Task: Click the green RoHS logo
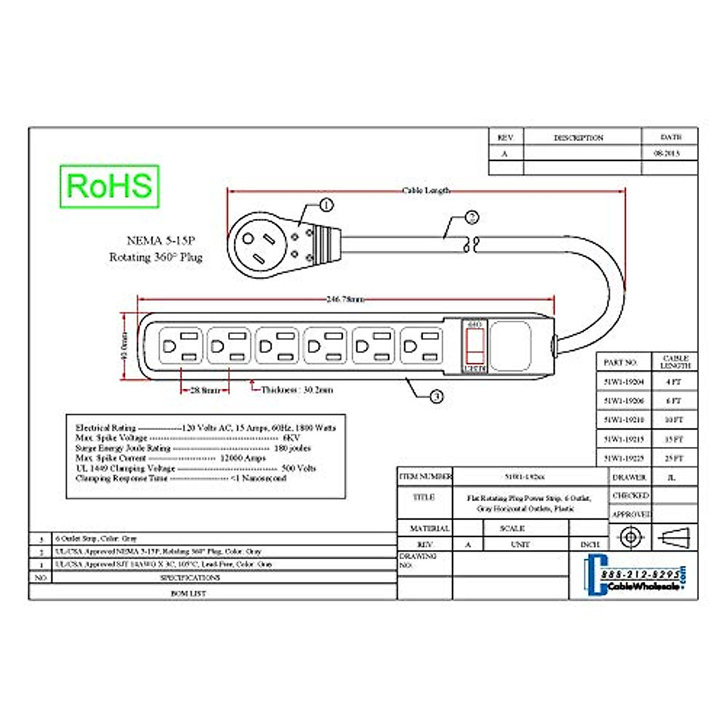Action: coord(110,186)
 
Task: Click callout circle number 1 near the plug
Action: coord(326,205)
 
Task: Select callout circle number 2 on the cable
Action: coord(472,217)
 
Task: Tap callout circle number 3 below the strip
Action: coord(436,397)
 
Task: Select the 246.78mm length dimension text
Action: coord(345,299)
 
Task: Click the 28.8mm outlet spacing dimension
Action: coord(206,391)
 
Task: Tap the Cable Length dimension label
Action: coord(426,191)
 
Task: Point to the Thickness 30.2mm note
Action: coord(297,390)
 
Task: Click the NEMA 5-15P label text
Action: coord(161,241)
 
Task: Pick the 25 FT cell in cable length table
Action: coord(674,459)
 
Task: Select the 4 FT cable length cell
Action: coord(674,382)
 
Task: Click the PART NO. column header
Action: coord(621,362)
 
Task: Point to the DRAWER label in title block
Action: coord(629,477)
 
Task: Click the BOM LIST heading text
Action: coord(188,594)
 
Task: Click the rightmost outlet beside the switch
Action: coord(421,346)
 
